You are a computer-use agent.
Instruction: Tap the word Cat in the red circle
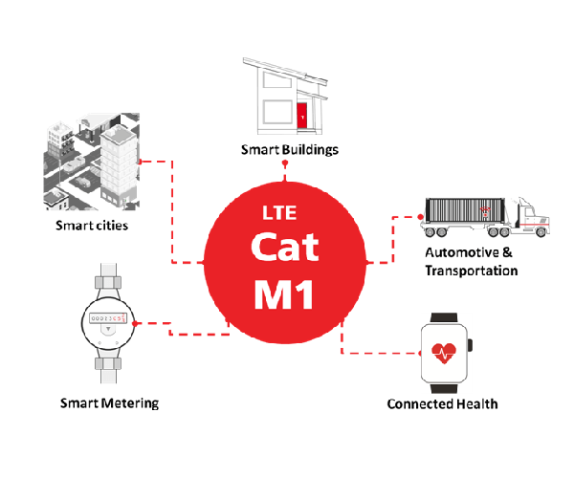[x=284, y=246]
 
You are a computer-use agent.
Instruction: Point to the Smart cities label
[x=92, y=226]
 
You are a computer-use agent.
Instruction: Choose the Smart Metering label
[x=109, y=402]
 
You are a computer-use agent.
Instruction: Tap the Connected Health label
[x=442, y=403]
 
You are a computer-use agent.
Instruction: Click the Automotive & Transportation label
[x=471, y=262]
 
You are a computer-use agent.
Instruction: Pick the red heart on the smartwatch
[x=445, y=352]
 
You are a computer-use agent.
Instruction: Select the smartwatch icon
[x=445, y=351]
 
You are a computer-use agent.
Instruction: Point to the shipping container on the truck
[x=468, y=212]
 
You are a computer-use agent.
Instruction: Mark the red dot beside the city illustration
[x=141, y=162]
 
